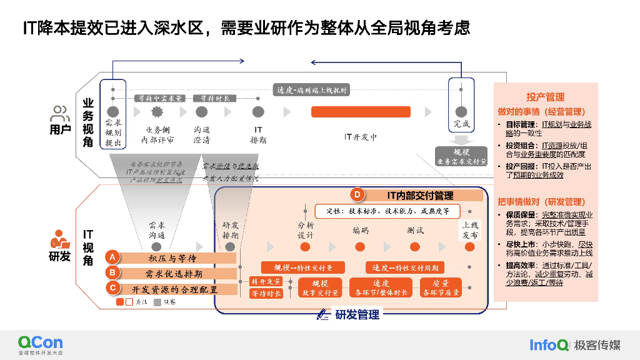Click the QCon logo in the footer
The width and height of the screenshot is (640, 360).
pos(40,343)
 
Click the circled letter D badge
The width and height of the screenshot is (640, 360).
pos(357,195)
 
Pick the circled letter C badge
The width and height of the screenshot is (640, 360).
pos(112,288)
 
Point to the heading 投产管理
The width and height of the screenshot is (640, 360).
pos(545,97)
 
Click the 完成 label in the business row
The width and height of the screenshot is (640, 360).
pos(462,124)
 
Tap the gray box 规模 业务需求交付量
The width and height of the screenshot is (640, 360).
pos(461,156)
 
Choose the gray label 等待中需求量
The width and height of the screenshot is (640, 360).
pos(161,98)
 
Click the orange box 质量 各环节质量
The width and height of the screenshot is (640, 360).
pos(441,287)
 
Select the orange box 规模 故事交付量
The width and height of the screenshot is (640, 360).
pos(320,287)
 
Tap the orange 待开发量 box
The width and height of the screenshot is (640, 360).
pos(266,281)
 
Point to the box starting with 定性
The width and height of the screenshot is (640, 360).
pos(387,211)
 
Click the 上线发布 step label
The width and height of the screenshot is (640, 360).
pos(470,231)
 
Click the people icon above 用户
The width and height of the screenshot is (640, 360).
pos(60,114)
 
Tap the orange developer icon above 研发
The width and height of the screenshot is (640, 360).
pos(60,240)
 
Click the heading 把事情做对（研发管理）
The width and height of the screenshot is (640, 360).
pos(541,202)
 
